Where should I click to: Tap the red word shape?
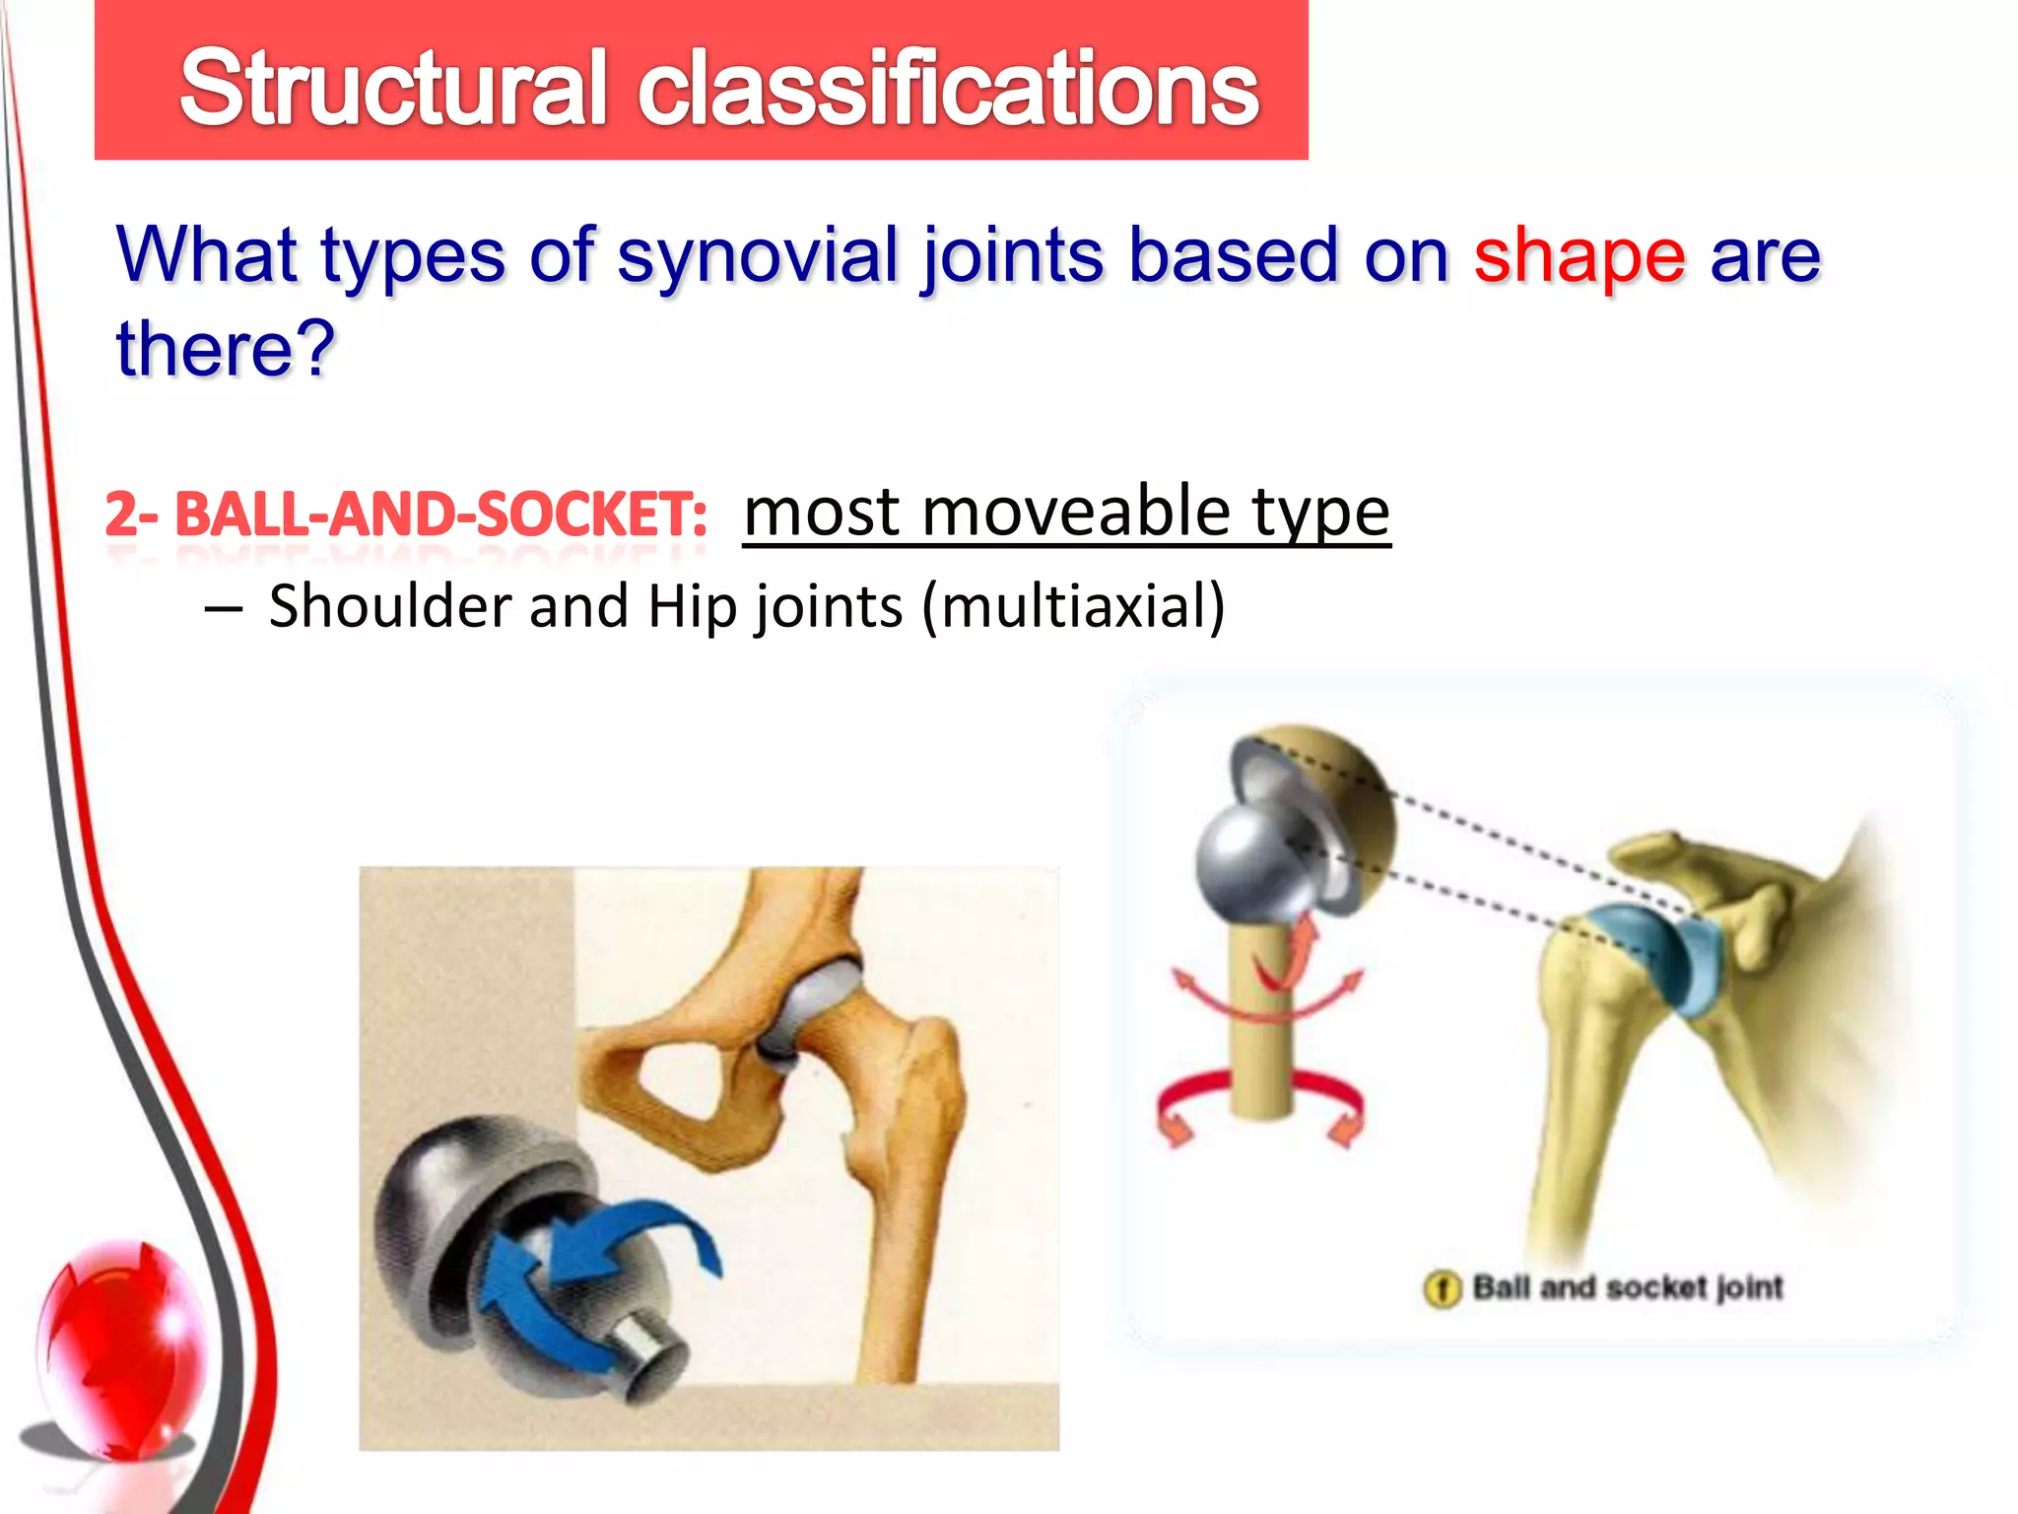tap(1579, 255)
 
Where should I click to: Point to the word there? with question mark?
tap(226, 349)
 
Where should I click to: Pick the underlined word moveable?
tap(1075, 512)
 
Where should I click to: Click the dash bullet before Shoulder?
tap(224, 609)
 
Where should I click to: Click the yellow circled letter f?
tap(1442, 1288)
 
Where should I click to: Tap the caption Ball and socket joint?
tap(1627, 1287)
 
